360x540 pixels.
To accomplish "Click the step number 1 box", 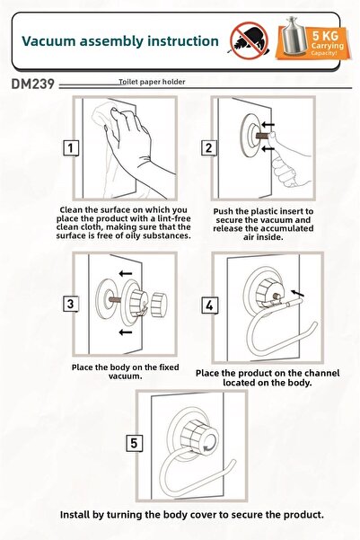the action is click(71, 148).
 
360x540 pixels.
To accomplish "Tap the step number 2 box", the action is click(208, 148).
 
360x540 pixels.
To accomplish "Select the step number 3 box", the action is click(71, 304).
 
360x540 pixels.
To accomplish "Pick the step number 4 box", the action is click(209, 305).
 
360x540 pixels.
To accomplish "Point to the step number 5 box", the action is click(134, 443).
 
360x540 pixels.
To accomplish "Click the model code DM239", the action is click(32, 84).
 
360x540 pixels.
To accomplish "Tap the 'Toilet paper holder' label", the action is click(152, 82).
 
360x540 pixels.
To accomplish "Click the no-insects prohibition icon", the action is click(250, 40).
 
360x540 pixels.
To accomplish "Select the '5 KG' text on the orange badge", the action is click(325, 35).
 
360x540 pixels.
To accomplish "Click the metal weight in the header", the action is click(294, 36).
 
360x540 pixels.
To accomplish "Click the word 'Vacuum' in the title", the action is click(48, 41).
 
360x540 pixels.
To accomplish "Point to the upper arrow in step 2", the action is click(268, 124).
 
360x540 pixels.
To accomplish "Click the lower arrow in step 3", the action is click(126, 332).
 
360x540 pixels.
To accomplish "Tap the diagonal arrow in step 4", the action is click(298, 293).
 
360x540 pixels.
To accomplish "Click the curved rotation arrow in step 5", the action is click(209, 447).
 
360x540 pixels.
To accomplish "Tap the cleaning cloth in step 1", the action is click(103, 113).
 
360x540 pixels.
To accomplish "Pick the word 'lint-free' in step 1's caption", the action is click(174, 218).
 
